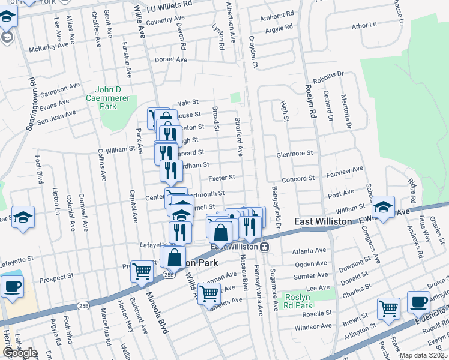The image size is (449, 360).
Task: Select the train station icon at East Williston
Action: pyautogui.click(x=264, y=247)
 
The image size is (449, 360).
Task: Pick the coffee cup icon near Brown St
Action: pyautogui.click(x=418, y=302)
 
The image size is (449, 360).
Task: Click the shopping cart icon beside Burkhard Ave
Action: pyautogui.click(x=142, y=272)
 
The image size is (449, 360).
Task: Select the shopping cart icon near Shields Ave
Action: pyautogui.click(x=208, y=294)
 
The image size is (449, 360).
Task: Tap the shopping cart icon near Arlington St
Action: pyautogui.click(x=388, y=308)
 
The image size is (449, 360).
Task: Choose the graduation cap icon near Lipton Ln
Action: pyautogui.click(x=23, y=217)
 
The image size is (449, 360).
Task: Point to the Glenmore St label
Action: pyautogui.click(x=294, y=154)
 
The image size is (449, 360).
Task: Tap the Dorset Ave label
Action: pyautogui.click(x=171, y=59)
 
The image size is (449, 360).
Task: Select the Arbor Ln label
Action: pyautogui.click(x=364, y=25)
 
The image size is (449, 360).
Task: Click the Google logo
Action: pyautogui.click(x=19, y=353)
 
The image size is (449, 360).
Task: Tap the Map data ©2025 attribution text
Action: pyautogui.click(x=423, y=355)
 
